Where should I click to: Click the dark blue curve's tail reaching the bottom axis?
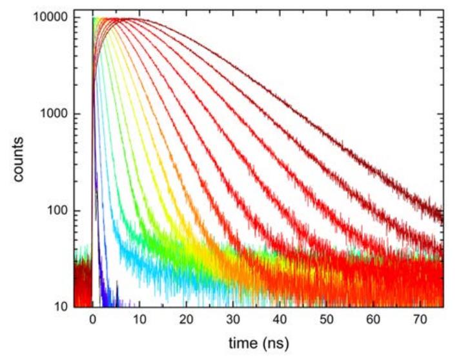pos(112,300)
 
